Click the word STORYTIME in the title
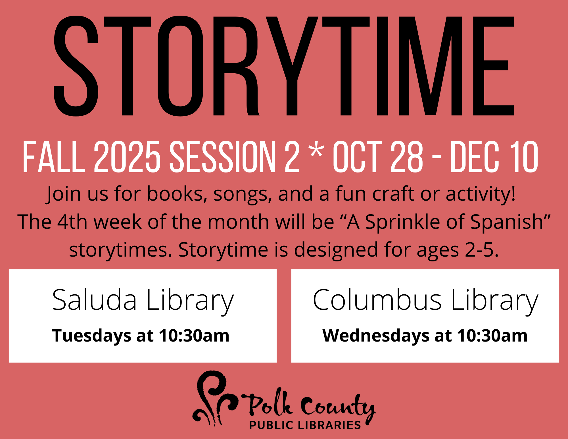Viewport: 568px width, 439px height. click(284, 66)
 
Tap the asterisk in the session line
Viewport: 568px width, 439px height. click(316, 150)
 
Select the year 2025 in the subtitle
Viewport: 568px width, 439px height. click(127, 157)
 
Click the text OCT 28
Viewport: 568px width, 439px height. click(378, 157)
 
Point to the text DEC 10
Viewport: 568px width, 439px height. click(494, 157)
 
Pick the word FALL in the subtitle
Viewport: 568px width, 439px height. click(54, 157)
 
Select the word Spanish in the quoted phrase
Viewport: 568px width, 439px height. click(507, 222)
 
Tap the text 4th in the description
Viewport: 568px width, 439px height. click(72, 222)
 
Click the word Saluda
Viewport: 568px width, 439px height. click(95, 300)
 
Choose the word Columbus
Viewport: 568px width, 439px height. click(377, 300)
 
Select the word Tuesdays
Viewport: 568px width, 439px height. click(91, 336)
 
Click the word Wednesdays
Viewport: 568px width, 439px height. click(376, 336)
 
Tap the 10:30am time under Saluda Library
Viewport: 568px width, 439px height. click(194, 336)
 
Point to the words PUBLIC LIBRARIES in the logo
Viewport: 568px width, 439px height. click(305, 425)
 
